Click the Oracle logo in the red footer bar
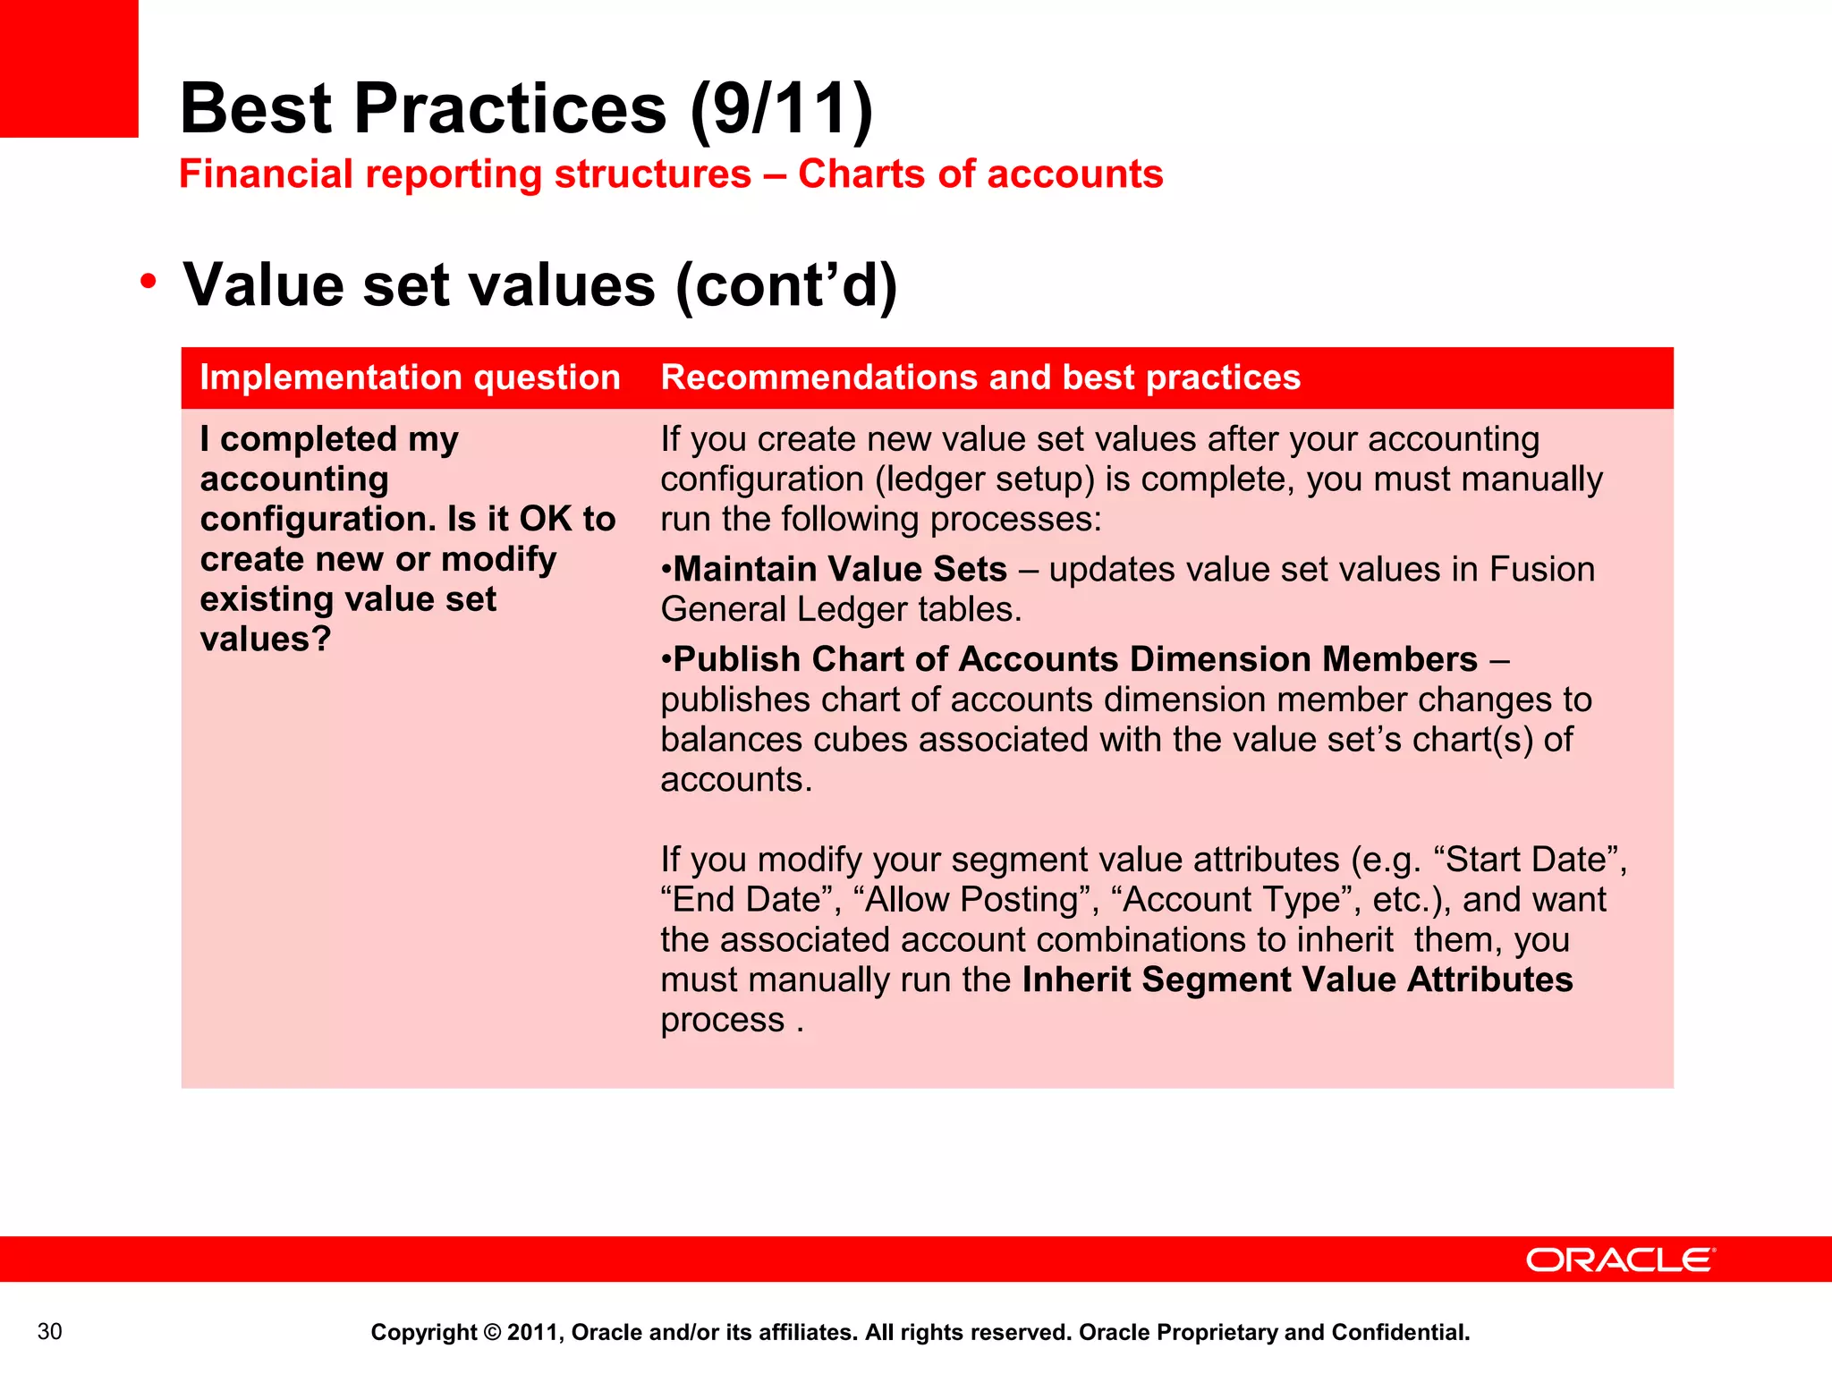[1619, 1259]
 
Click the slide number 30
[50, 1331]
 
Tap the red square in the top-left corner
[69, 68]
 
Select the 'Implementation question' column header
[410, 377]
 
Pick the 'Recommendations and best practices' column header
[980, 377]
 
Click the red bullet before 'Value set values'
[148, 282]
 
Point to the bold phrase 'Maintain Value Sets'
[840, 569]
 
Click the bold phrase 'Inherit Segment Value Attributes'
[1297, 980]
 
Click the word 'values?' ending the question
[266, 639]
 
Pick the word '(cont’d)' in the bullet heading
[786, 285]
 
